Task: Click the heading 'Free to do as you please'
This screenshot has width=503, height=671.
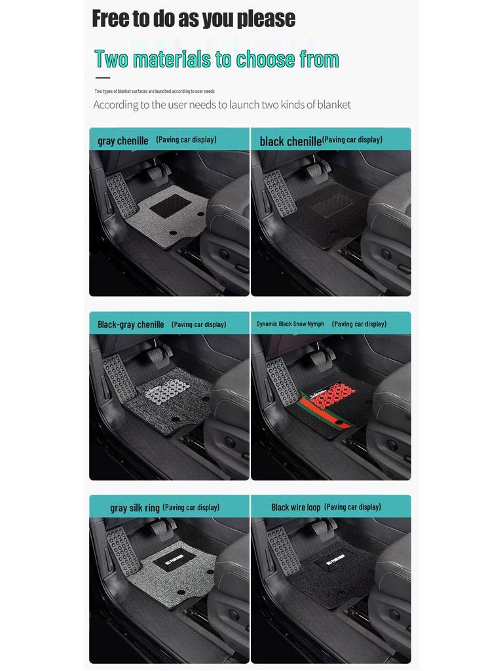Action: [x=193, y=18]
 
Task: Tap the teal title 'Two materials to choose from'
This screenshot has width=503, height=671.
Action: [x=216, y=59]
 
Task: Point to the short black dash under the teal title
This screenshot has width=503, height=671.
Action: [x=102, y=78]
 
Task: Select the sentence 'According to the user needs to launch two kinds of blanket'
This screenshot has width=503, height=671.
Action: [x=222, y=105]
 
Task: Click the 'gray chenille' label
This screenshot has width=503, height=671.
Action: [x=123, y=141]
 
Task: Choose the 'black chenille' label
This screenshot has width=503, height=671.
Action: [x=290, y=141]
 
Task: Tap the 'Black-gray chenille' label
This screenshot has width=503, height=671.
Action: [x=131, y=324]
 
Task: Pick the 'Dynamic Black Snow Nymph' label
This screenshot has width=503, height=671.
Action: [x=290, y=324]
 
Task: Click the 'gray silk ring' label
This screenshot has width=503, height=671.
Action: [x=135, y=508]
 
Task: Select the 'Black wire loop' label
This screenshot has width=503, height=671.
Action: [x=296, y=507]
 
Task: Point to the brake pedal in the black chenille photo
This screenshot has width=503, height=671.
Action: [x=315, y=171]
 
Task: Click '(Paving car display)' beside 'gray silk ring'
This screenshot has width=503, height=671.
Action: [x=191, y=507]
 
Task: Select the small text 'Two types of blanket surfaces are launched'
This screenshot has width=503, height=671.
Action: [x=155, y=91]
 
